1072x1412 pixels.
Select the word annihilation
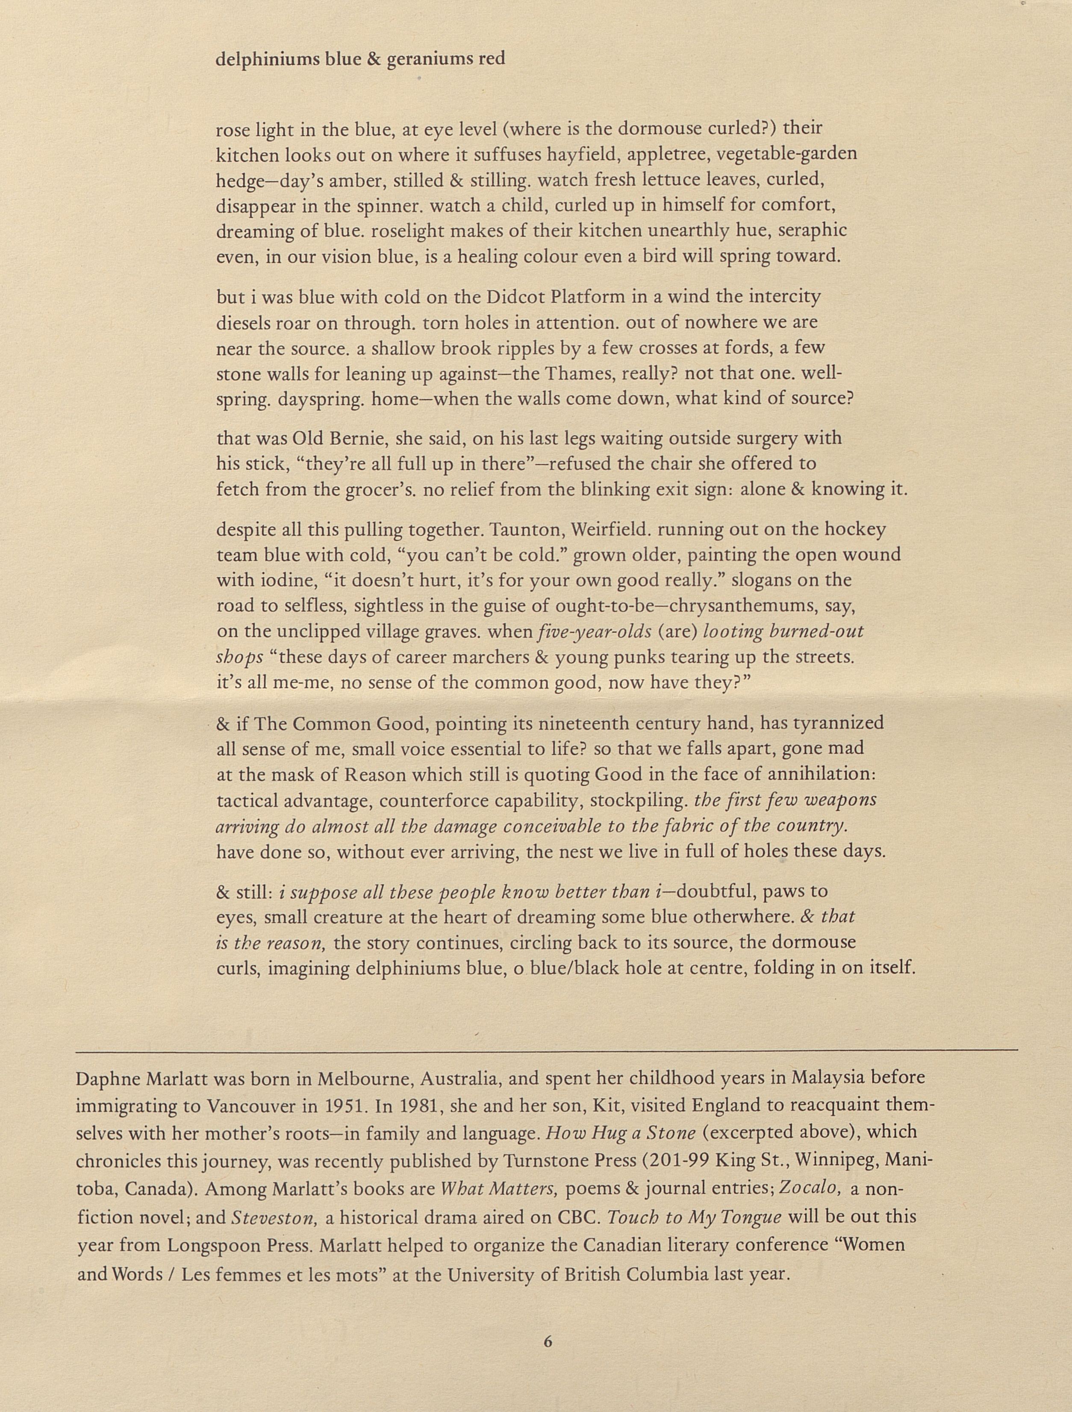tap(813, 774)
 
